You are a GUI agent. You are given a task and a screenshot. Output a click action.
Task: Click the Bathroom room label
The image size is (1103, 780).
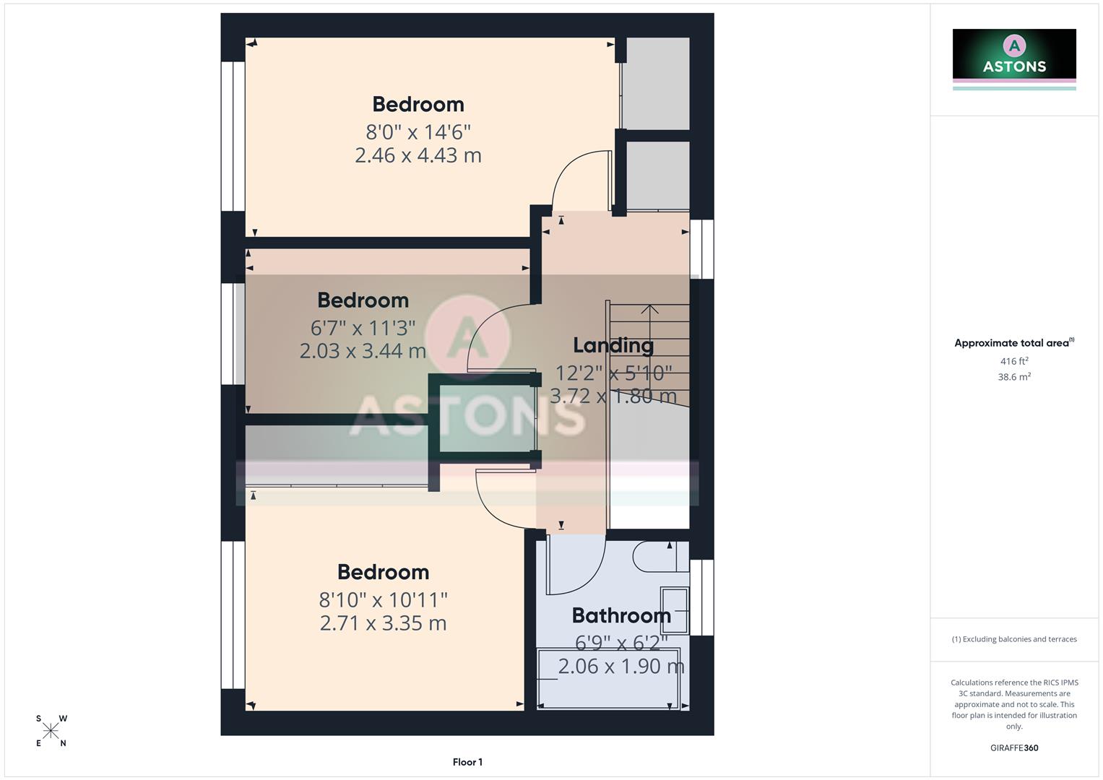621,615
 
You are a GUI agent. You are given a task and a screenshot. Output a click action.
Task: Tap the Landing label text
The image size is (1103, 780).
613,345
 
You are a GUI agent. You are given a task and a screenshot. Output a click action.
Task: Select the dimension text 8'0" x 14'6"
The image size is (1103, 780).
418,132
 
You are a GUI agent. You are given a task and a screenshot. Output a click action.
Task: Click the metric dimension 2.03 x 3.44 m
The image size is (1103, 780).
363,351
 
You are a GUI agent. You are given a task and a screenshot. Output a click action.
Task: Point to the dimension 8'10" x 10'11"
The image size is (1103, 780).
383,599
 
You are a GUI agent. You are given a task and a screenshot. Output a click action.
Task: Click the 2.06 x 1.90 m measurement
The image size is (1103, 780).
621,666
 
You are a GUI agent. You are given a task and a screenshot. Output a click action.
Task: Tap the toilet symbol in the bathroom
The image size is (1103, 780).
654,557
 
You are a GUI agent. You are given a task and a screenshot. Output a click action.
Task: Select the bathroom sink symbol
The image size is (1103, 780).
675,610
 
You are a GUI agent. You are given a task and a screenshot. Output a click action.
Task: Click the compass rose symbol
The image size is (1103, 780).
51,731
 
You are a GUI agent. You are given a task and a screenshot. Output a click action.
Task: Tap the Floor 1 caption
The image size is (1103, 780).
467,762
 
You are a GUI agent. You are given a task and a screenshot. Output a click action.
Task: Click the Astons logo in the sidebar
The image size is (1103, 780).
1014,58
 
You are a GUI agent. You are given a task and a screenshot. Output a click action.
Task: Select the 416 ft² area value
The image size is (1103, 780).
1014,361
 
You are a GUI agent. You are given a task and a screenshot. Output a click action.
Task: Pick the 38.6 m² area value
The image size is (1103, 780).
1014,377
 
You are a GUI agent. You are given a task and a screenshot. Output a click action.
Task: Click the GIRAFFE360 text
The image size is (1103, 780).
1014,747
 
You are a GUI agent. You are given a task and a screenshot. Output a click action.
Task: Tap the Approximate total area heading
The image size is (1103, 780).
1013,343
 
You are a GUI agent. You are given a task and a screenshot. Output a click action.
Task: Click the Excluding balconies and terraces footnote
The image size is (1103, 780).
1014,639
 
